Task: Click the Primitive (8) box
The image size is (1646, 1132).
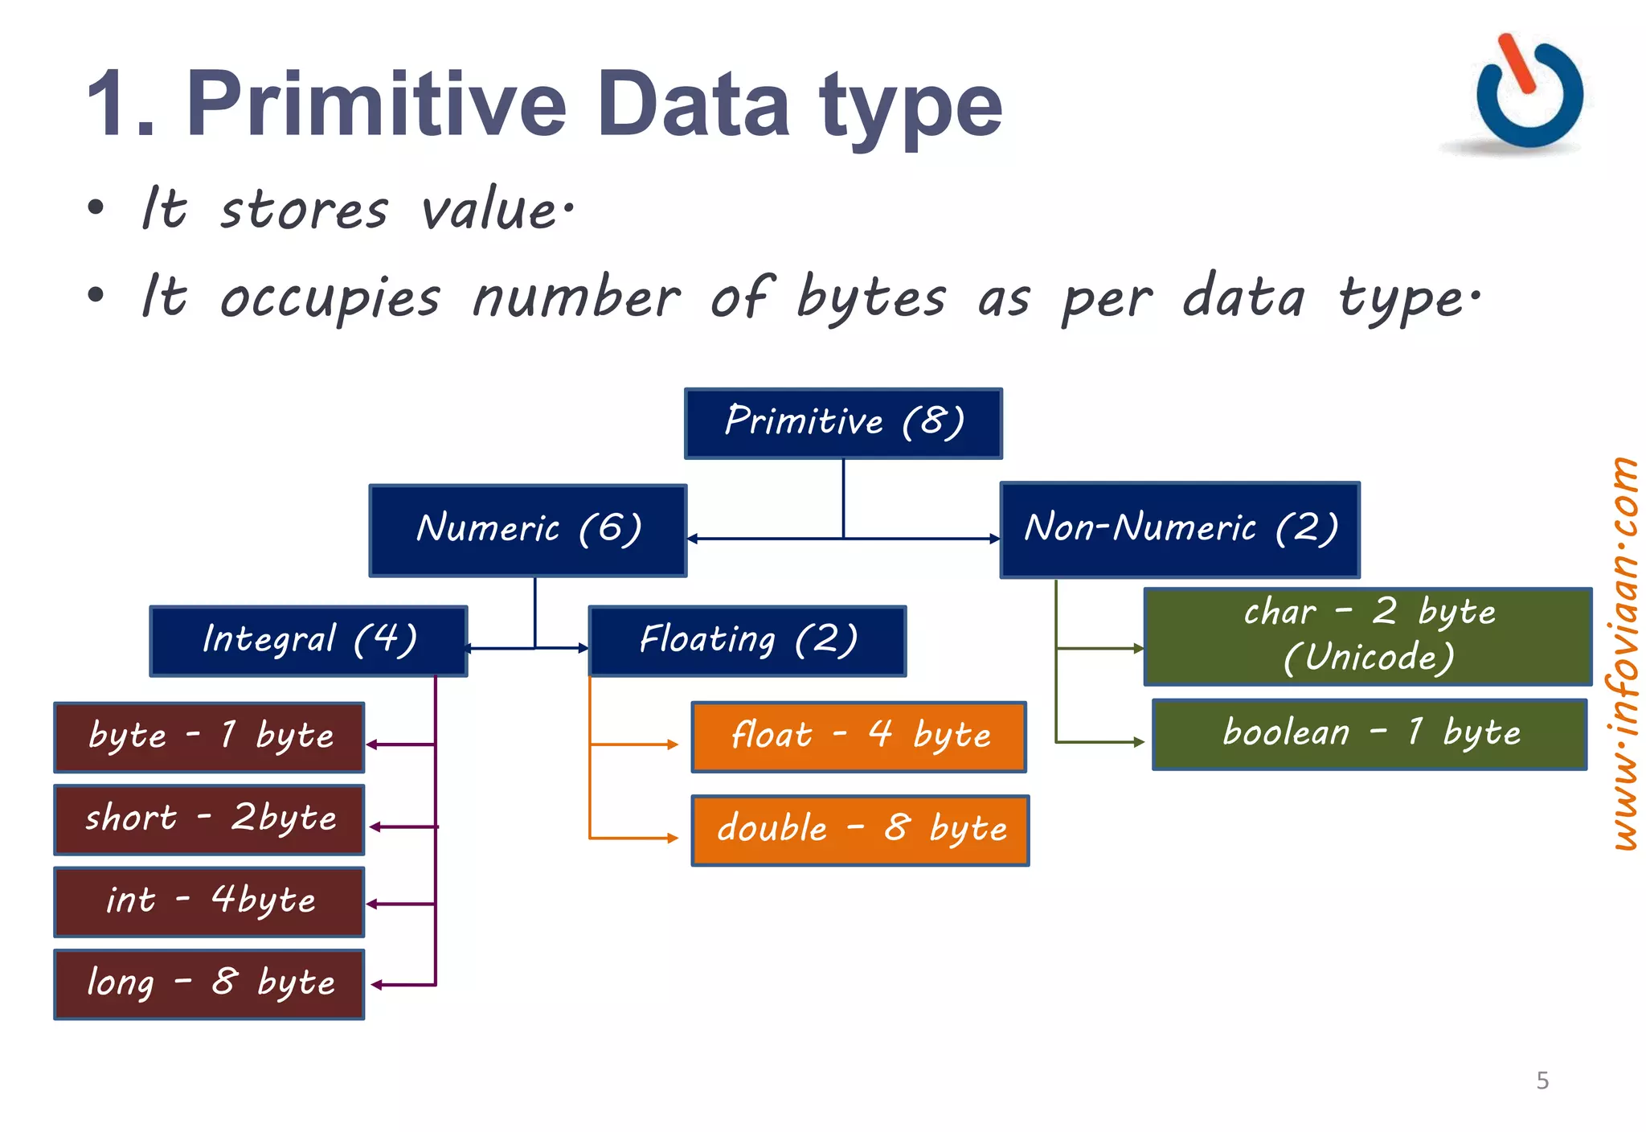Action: [843, 423]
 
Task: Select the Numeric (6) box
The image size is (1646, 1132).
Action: [528, 530]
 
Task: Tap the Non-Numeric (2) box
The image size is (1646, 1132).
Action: [1180, 529]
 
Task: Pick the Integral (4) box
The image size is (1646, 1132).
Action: [309, 640]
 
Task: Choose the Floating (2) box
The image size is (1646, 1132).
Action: [747, 640]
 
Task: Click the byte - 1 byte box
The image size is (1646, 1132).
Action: [209, 736]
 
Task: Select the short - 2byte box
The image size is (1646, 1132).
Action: [209, 819]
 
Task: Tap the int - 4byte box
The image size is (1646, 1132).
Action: [209, 901]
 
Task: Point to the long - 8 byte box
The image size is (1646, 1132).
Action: [209, 983]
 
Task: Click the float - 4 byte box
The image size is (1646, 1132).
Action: [858, 736]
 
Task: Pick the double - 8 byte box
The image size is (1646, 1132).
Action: [860, 830]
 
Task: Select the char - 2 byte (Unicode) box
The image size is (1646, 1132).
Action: [1368, 635]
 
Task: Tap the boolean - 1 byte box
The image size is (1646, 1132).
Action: [1370, 733]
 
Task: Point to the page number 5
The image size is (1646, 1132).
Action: [1542, 1080]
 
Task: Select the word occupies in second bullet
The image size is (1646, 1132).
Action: [330, 297]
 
